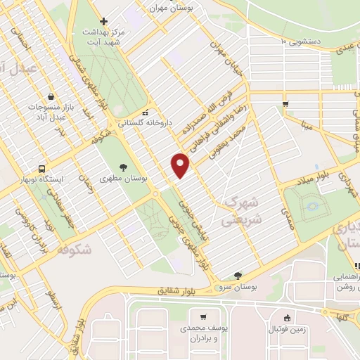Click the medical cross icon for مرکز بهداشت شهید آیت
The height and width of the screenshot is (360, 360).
click(104, 21)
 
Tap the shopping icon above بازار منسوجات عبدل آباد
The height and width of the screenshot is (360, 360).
click(51, 96)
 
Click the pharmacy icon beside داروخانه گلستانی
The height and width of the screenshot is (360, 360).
click(144, 112)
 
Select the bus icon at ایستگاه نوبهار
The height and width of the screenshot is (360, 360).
click(43, 169)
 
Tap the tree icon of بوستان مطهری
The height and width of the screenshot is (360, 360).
click(124, 167)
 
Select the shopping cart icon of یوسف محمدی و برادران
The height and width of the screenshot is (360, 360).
click(203, 317)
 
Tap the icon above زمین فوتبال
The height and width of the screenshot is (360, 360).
click(287, 317)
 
